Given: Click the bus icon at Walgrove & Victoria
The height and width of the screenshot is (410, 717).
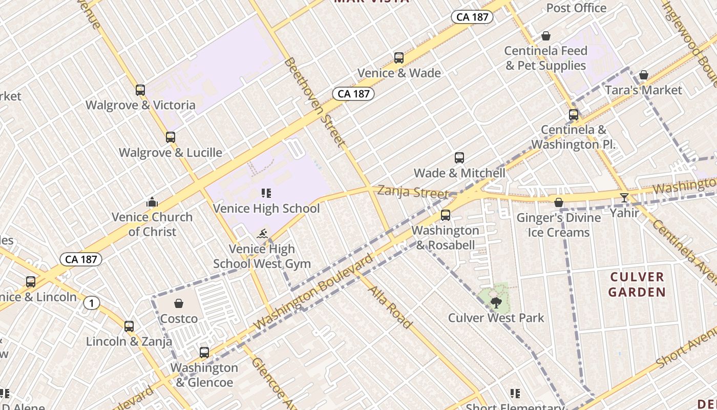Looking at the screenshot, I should point(140,90).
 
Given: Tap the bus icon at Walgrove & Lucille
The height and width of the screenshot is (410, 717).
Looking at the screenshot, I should point(171,137).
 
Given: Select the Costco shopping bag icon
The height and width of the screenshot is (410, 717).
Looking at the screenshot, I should point(179,304).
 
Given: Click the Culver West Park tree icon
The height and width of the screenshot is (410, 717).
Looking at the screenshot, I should point(495,302).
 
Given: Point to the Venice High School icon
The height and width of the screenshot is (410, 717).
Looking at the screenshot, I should point(266,193).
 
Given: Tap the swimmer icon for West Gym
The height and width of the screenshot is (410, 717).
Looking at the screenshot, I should point(262,234).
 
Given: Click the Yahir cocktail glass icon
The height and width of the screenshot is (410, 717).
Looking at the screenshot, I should point(624,197).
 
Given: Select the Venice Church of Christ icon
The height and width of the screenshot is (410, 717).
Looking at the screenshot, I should point(152,202).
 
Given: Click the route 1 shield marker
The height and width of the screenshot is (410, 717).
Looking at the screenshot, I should point(91,303).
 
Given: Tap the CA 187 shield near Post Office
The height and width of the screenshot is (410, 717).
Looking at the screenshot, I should point(472,17).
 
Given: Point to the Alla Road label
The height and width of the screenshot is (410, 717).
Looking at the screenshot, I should point(390,307).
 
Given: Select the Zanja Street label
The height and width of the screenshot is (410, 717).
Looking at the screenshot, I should point(412,192).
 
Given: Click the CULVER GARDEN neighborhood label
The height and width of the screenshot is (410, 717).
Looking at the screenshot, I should point(638,284).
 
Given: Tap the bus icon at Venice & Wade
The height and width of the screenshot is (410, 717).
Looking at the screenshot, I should point(399,58).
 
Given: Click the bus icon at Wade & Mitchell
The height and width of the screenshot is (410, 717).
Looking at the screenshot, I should point(459,158).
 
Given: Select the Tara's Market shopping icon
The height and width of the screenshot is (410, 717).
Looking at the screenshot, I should point(644,75).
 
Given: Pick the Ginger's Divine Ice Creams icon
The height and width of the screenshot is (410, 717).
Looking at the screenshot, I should point(559,203).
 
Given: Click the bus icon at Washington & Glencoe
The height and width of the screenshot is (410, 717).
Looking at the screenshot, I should point(204,353).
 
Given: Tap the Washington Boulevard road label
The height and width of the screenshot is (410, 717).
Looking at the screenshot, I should point(313,292).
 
